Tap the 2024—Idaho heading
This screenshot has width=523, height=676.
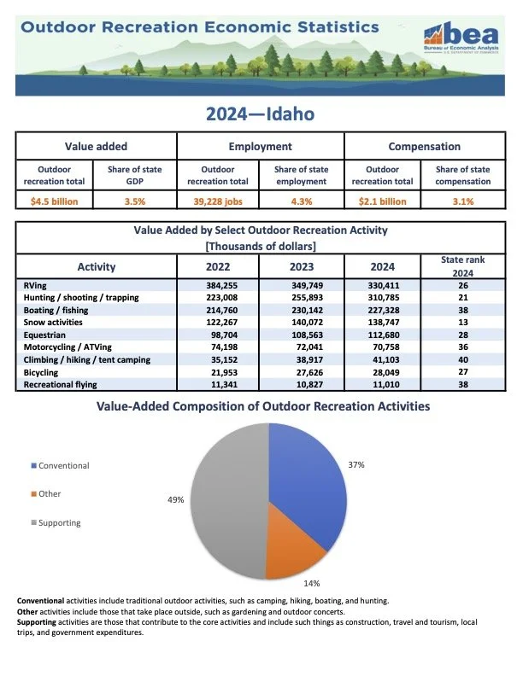261,113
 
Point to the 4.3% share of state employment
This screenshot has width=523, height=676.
302,201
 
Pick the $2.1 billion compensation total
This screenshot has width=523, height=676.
385,201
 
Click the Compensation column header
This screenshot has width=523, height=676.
424,146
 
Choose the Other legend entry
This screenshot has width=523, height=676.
50,493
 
